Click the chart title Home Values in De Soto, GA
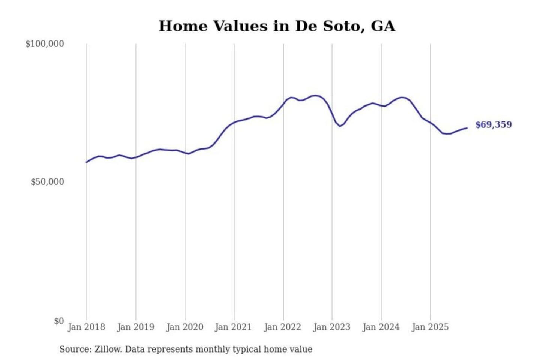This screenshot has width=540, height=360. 277,26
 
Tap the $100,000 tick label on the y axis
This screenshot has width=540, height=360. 45,44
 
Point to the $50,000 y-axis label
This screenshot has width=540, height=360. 47,182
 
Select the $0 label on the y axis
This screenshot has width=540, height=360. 59,321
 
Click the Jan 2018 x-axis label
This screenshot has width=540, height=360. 86,327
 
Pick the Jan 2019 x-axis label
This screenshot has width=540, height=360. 135,327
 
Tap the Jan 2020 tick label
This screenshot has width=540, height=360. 184,327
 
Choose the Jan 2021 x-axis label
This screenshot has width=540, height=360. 233,327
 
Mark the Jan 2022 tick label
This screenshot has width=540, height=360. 282,327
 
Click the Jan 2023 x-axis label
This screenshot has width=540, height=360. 331,327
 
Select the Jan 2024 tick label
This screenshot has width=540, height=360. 381,327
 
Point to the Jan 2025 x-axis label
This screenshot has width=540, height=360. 430,327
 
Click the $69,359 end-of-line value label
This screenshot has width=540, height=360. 493,125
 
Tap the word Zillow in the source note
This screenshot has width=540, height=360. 108,349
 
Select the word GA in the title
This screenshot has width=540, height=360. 383,26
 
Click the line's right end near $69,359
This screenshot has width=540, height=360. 467,128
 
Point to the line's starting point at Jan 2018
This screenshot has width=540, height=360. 87,162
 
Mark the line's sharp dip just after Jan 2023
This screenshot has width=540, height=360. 340,126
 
